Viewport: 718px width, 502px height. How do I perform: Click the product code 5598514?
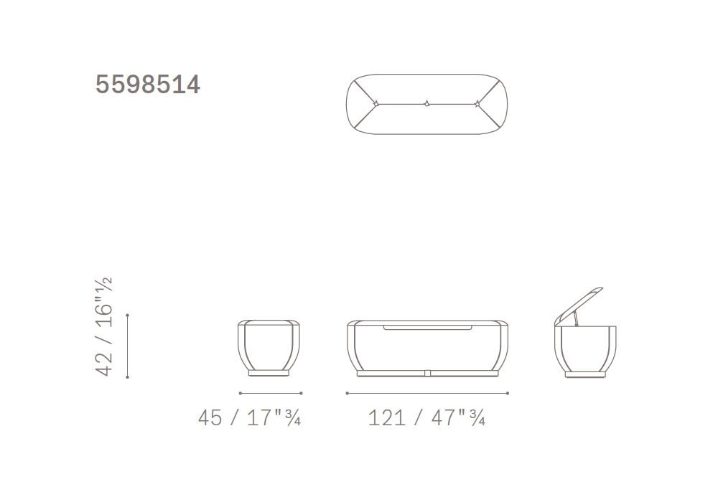click(147, 85)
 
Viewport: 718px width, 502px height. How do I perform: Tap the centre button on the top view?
click(426, 104)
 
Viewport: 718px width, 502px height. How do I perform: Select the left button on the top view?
click(376, 104)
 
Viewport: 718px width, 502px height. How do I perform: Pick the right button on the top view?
click(477, 104)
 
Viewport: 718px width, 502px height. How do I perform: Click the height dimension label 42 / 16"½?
click(103, 326)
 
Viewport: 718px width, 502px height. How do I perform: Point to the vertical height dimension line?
click(127, 346)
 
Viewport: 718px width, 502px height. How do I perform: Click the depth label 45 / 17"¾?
click(249, 417)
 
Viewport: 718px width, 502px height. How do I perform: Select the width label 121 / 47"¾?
click(426, 417)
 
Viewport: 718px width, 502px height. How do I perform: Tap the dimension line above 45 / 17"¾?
click(271, 393)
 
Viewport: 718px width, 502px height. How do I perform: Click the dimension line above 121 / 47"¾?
click(427, 393)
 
